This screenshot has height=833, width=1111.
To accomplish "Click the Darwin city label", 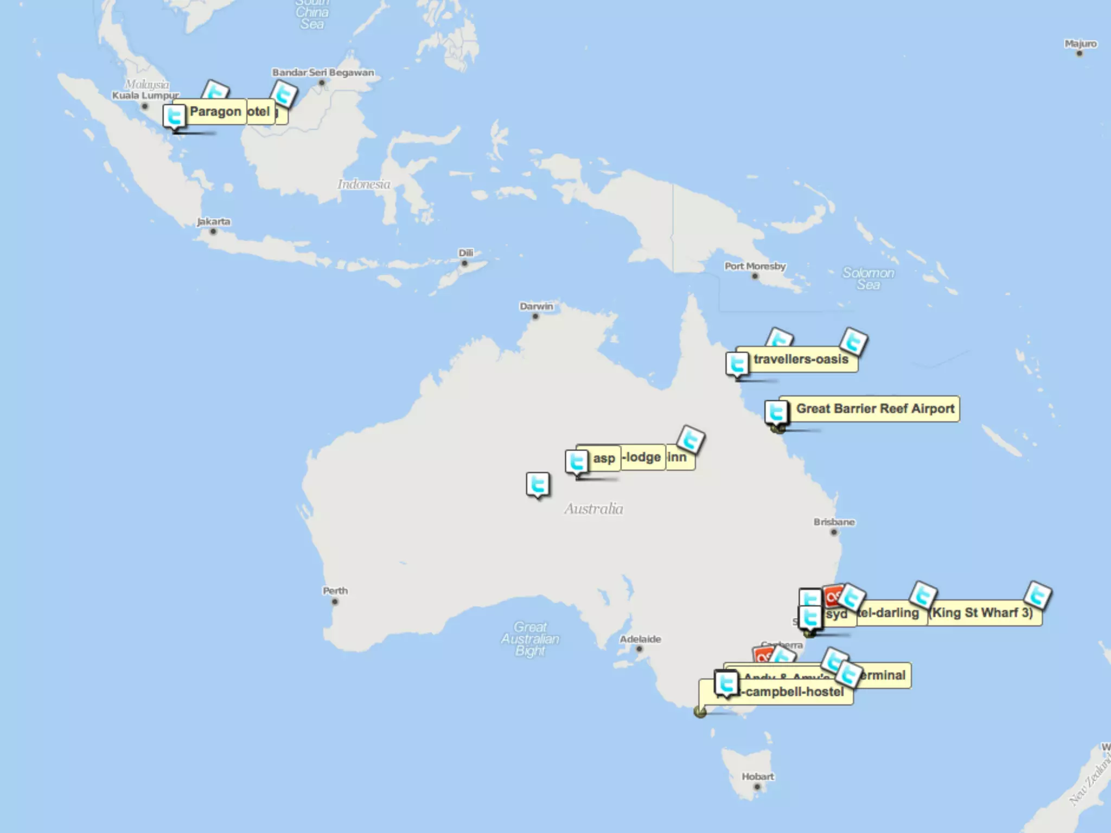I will click(x=537, y=306).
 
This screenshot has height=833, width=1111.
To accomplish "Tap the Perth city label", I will click(x=335, y=591).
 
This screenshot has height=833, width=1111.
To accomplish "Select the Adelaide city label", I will click(x=640, y=639).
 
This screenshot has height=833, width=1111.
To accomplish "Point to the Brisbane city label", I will click(x=834, y=522).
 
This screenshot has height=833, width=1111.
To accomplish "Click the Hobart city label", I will click(x=758, y=777).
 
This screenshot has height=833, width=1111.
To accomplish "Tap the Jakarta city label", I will click(x=213, y=221).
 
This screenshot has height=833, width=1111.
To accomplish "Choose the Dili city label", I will click(x=465, y=253).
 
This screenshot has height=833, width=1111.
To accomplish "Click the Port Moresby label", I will click(x=755, y=266).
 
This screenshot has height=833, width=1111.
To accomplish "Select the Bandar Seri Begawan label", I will click(x=323, y=73).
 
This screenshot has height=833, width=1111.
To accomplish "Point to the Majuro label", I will click(x=1080, y=44).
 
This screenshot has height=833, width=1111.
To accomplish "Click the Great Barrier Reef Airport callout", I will click(x=874, y=409).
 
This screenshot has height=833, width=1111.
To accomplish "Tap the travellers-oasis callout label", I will click(x=800, y=360).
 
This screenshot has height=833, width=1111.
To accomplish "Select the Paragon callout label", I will click(x=215, y=112).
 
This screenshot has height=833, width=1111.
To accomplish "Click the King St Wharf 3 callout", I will click(x=982, y=613).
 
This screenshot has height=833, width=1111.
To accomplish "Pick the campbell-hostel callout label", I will click(x=794, y=692).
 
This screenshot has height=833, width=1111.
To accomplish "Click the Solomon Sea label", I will click(x=868, y=279).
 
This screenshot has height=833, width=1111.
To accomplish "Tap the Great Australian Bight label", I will click(x=530, y=639).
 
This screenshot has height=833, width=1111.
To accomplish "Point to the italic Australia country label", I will click(x=593, y=509).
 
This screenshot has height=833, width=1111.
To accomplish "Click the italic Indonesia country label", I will click(x=363, y=184).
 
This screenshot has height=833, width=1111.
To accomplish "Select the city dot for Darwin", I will click(x=535, y=317).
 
